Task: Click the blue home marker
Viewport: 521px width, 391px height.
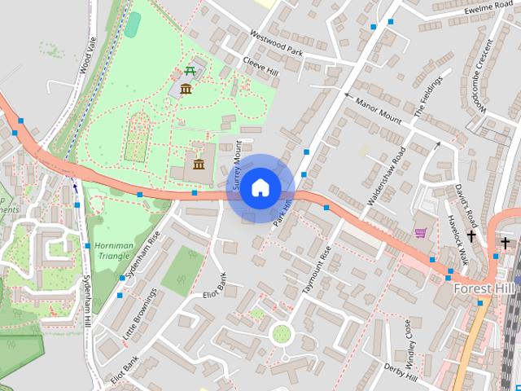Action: pyautogui.click(x=259, y=187)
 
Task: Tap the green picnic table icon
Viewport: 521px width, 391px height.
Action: pyautogui.click(x=190, y=72)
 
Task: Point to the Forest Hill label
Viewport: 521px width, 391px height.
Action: pyautogui.click(x=486, y=288)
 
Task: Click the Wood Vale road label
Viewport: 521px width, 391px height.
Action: pyautogui.click(x=89, y=57)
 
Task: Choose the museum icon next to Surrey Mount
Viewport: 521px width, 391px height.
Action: pyautogui.click(x=199, y=165)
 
